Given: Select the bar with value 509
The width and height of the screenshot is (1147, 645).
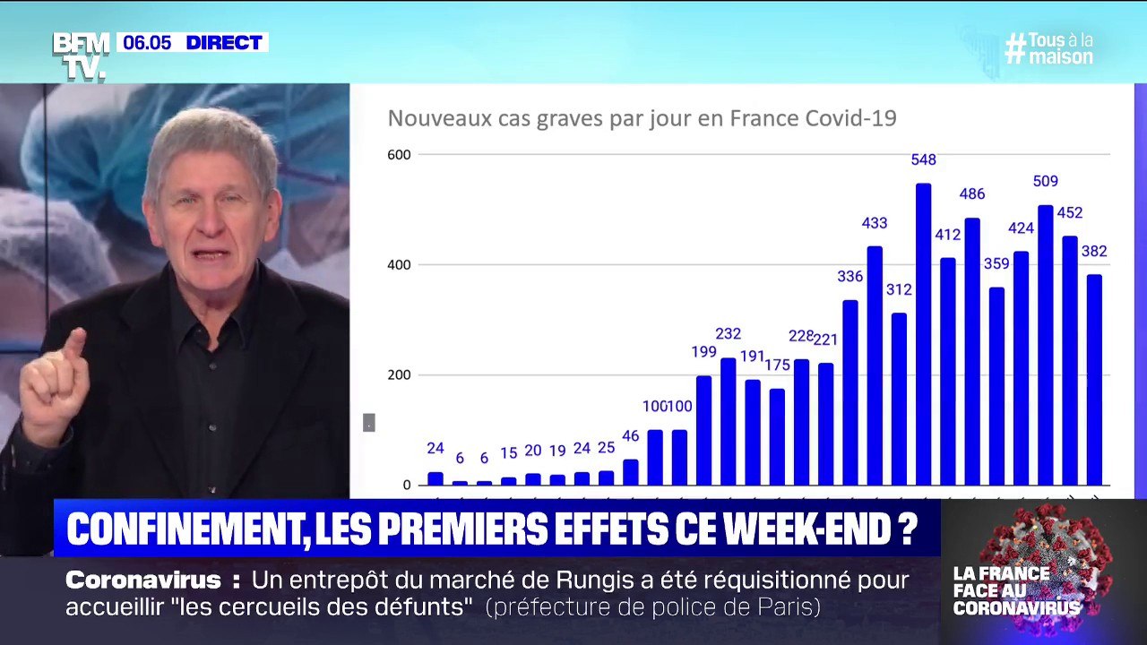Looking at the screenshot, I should click(1045, 345).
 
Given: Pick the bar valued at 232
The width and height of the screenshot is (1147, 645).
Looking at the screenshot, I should click(728, 421).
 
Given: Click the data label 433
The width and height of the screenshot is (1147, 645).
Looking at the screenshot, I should click(875, 223).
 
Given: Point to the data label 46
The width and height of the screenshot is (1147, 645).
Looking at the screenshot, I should click(631, 436).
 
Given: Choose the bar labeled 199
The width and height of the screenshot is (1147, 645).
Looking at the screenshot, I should click(703, 430).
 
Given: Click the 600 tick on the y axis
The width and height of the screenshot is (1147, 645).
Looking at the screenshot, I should click(399, 155).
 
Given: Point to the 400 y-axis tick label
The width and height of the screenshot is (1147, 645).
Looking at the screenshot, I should click(399, 265).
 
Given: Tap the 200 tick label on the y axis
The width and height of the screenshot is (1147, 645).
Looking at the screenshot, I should click(399, 375).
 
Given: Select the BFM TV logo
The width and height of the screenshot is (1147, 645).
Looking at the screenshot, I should click(81, 56).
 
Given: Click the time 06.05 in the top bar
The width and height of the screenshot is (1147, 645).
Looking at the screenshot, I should click(147, 42).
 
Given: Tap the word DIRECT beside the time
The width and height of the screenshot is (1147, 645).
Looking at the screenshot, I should click(224, 42).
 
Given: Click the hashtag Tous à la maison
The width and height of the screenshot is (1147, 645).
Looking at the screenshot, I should click(1049, 48).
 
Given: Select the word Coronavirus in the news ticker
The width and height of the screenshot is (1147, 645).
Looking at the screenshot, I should click(143, 580).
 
